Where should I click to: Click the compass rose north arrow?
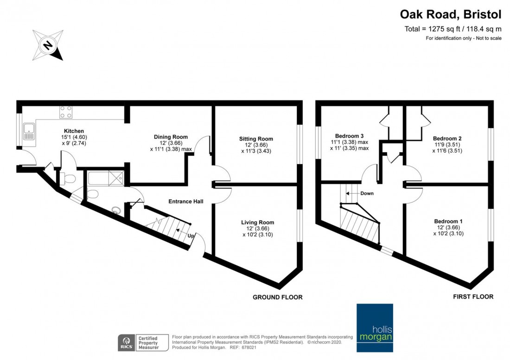point(48,45)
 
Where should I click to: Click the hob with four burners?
point(66,112)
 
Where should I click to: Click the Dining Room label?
point(171,137)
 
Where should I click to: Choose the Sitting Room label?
point(256,139)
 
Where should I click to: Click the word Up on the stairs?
point(191,236)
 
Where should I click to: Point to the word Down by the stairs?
point(366,193)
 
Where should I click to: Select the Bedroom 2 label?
point(447,138)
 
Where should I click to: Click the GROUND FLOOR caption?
point(277,297)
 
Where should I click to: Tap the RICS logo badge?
point(125,342)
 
